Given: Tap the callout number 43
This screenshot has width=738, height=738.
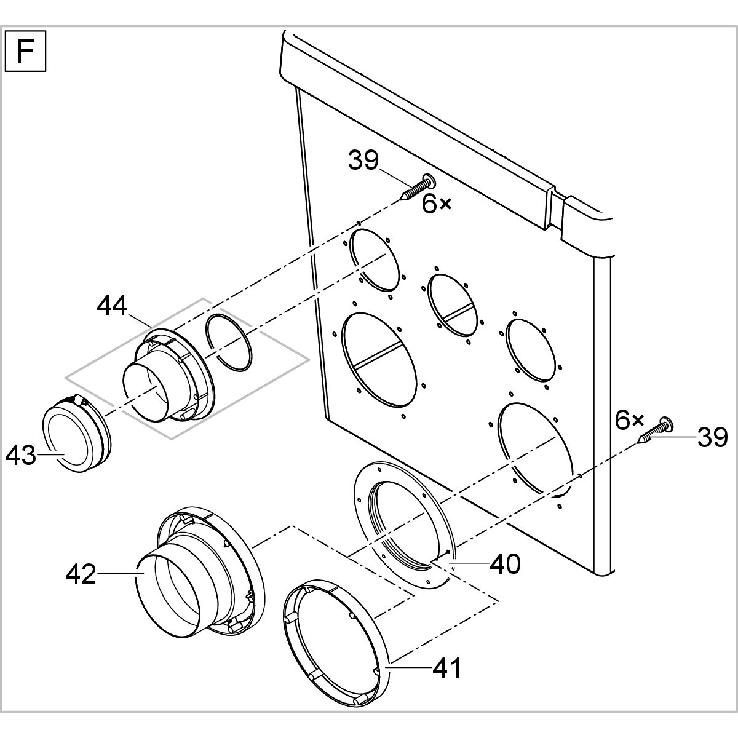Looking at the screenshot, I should point(20,456).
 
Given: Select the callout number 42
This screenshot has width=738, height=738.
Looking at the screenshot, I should point(81,574).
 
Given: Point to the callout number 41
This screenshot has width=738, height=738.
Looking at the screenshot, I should point(446,667).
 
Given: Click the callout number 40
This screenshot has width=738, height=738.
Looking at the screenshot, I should point(506,563).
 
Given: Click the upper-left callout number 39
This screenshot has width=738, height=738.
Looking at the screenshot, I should point(364,161).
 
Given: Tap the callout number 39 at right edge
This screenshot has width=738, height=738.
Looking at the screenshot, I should point(712,437).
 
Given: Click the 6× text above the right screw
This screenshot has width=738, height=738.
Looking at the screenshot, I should point(629,421).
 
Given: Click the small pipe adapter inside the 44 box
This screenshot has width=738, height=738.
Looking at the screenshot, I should point(166,381).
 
